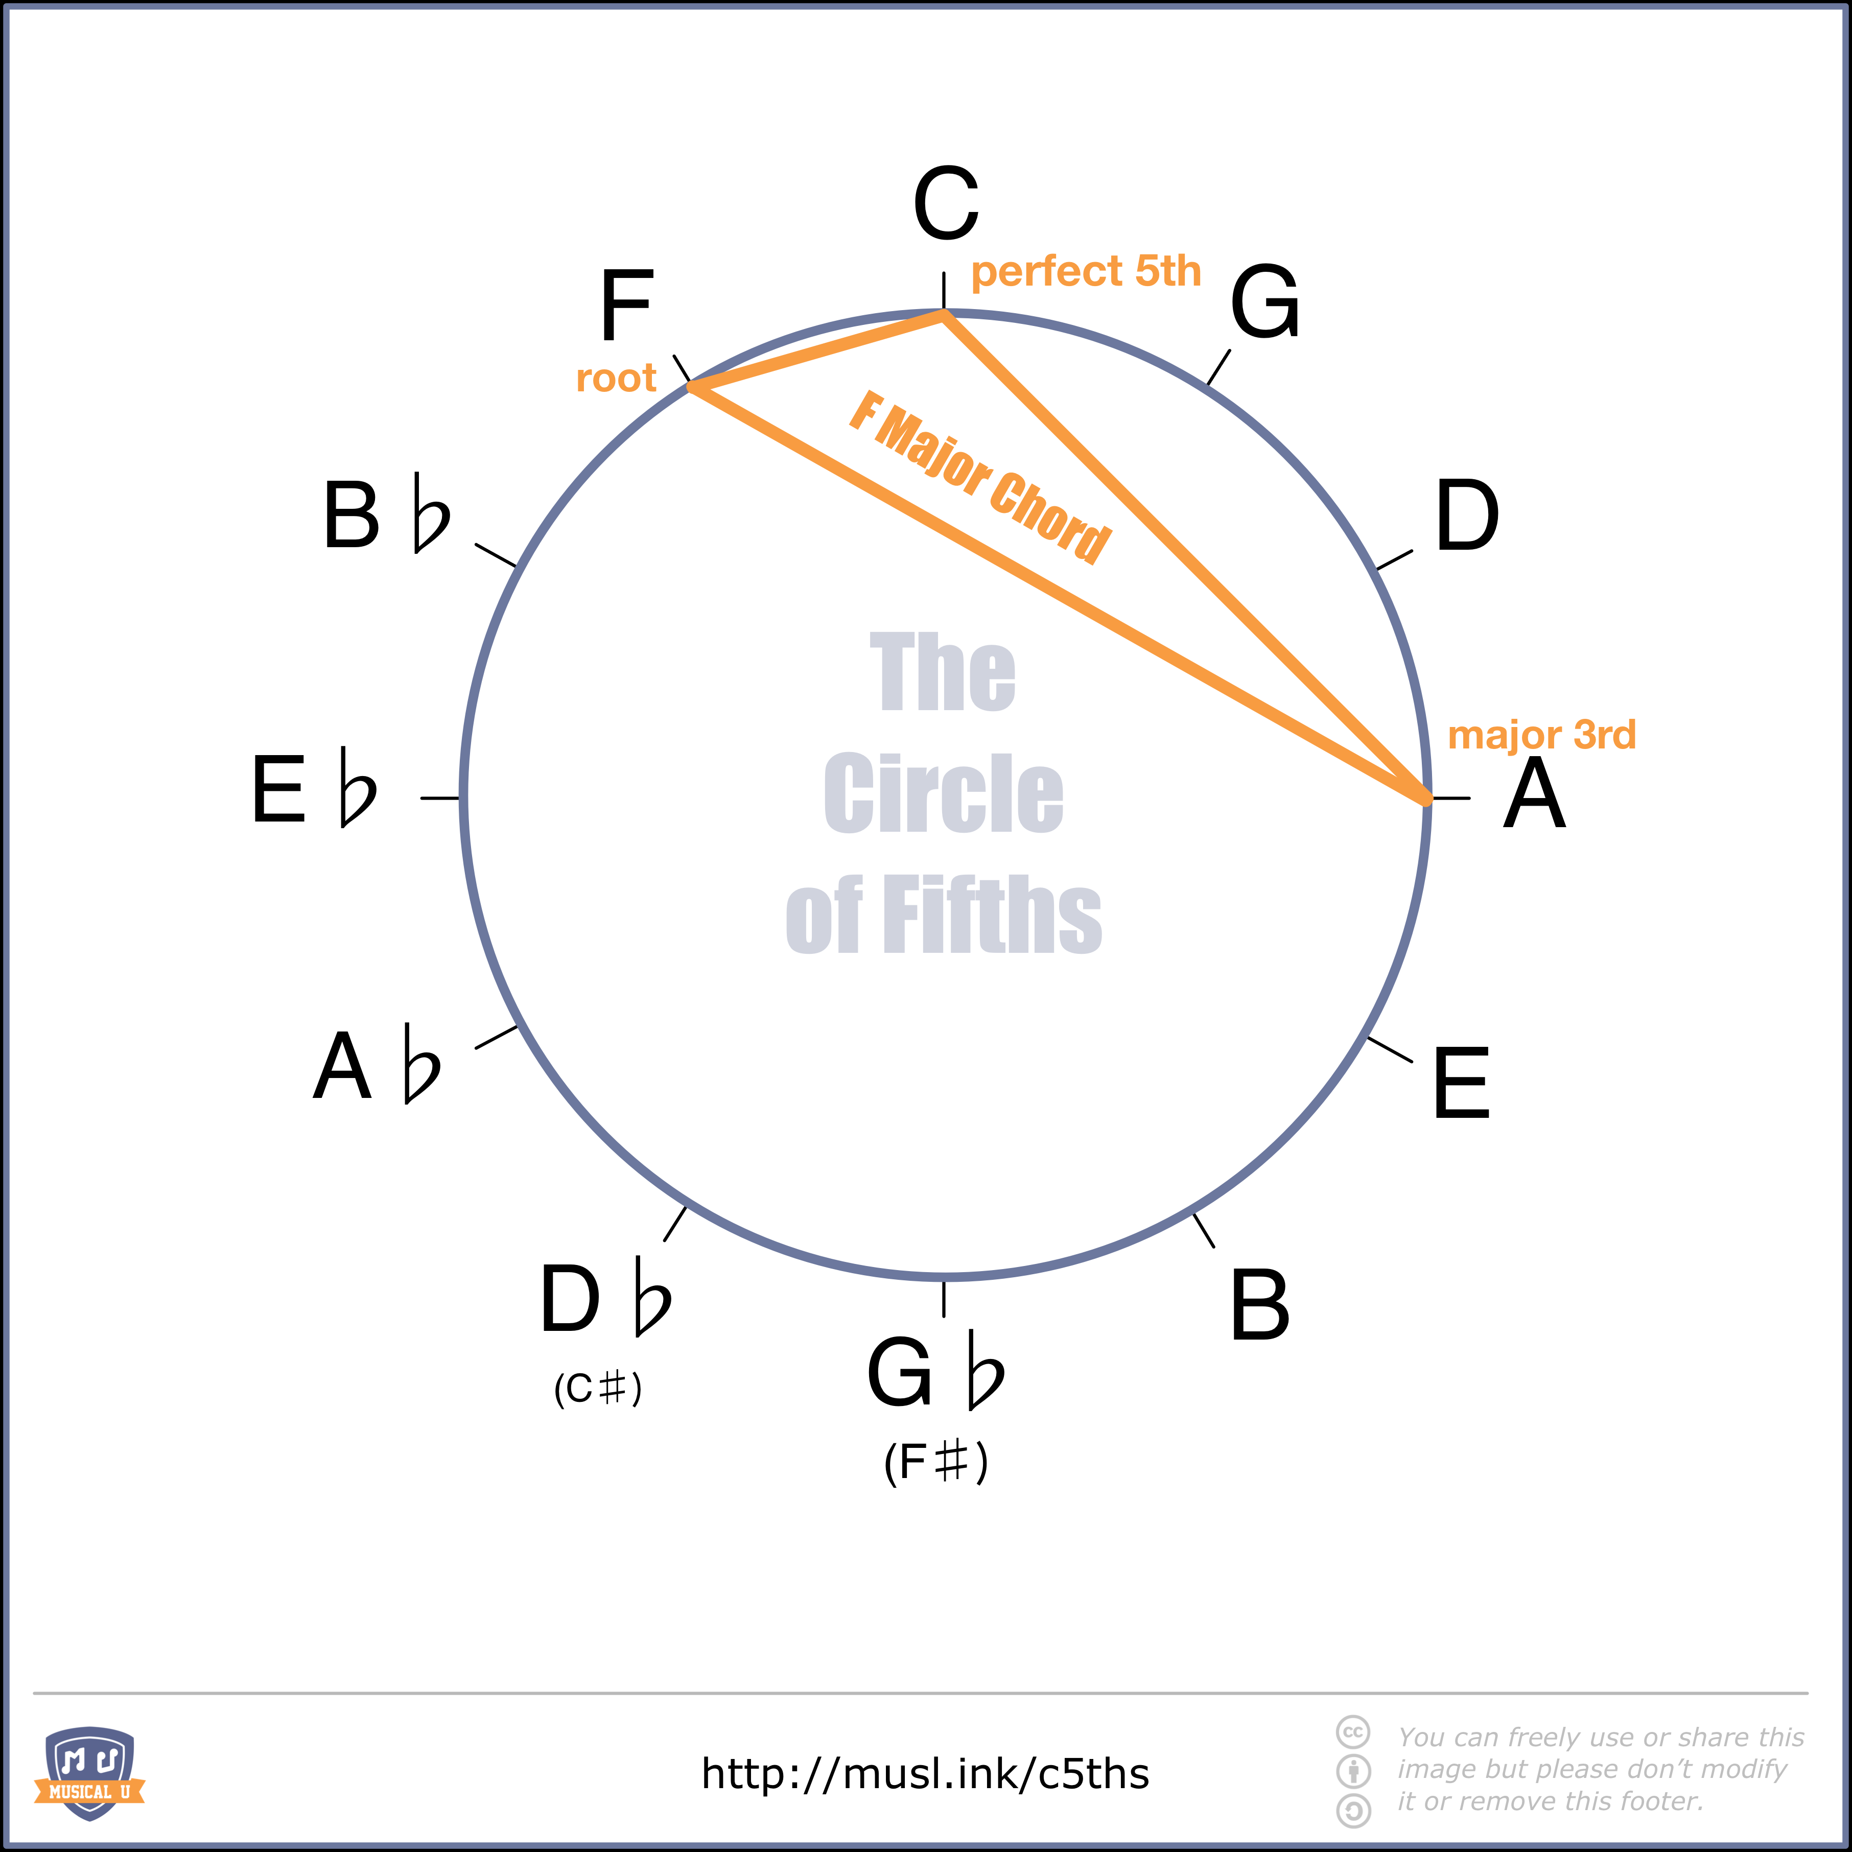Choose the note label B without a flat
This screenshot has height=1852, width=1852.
(x=1259, y=1306)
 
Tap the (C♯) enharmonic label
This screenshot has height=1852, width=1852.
(x=597, y=1389)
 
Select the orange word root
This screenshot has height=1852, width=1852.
(x=616, y=379)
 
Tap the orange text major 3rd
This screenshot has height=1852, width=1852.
(x=1541, y=735)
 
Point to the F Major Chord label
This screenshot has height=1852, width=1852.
(x=980, y=477)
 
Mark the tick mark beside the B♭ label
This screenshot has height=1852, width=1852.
(x=496, y=555)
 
